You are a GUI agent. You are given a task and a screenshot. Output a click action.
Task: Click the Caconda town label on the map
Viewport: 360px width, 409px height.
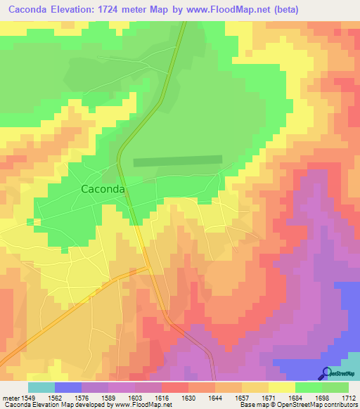[x=103, y=189]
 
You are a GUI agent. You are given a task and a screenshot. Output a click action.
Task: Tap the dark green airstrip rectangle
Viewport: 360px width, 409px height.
[x=177, y=161]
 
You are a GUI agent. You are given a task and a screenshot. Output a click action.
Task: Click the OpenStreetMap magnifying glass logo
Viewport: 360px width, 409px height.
[x=326, y=373]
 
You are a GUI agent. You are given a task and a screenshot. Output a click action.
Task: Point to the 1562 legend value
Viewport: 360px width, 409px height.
[x=63, y=397]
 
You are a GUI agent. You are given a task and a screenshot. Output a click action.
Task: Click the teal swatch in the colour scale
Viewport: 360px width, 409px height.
[x=41, y=387]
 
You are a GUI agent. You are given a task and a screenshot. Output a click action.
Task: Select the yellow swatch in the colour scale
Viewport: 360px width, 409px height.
[x=282, y=387]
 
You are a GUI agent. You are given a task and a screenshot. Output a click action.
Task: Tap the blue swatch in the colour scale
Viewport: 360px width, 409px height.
[x=68, y=387]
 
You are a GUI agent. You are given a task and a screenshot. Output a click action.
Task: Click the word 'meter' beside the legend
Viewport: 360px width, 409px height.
[x=11, y=397]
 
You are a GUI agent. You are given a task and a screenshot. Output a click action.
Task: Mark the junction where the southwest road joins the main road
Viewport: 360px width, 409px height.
[x=148, y=268]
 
